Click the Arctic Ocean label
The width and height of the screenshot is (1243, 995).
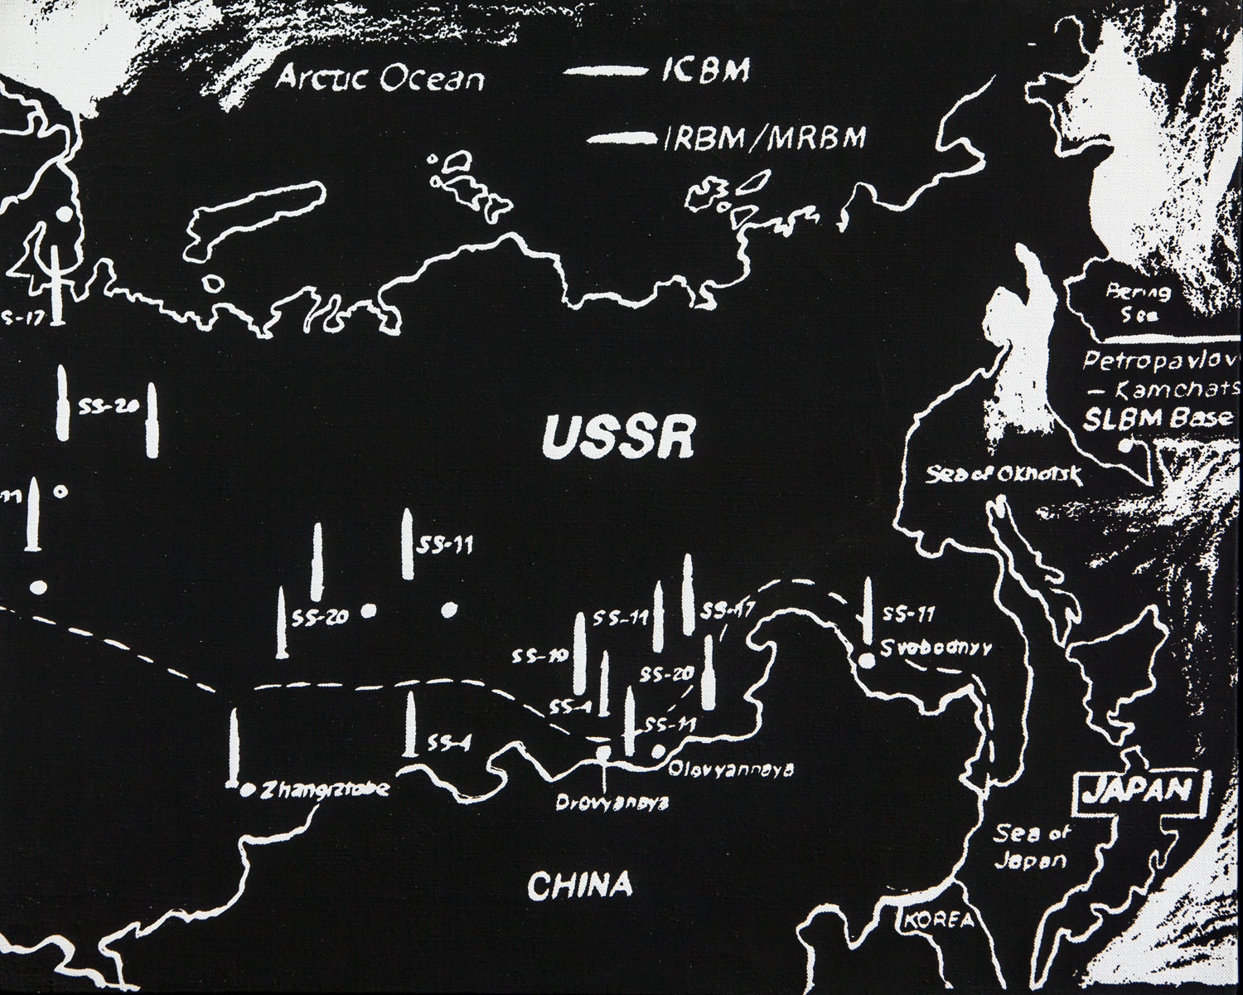pyautogui.click(x=380, y=79)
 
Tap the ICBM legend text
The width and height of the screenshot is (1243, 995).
pyautogui.click(x=705, y=71)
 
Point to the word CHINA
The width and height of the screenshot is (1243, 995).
pyautogui.click(x=579, y=886)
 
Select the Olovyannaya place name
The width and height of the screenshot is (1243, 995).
pyautogui.click(x=731, y=768)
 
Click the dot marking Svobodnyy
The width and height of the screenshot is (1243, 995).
pyautogui.click(x=866, y=661)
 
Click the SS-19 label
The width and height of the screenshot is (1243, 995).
pyautogui.click(x=539, y=657)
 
